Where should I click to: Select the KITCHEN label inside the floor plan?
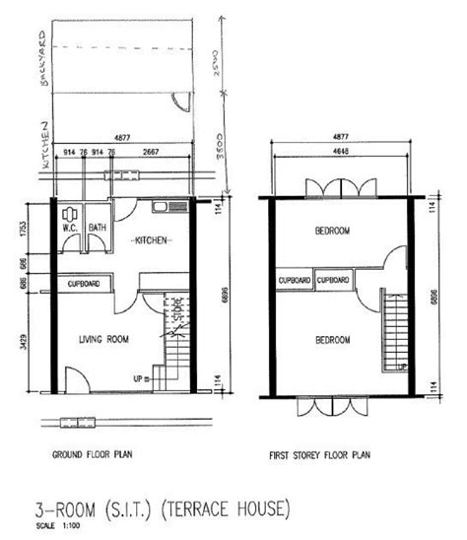(x=152, y=239)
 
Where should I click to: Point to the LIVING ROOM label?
(x=104, y=339)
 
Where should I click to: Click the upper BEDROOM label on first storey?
(x=332, y=232)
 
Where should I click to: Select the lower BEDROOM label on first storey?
(x=332, y=340)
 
